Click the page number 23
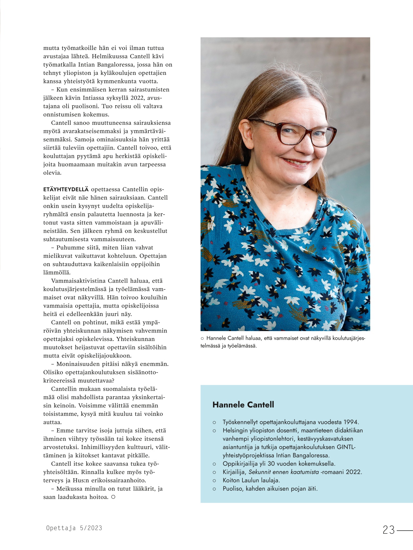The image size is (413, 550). [389, 530]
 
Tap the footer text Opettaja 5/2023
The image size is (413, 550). [74, 528]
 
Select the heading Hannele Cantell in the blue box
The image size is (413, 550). [243, 405]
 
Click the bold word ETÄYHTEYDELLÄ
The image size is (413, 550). [66, 189]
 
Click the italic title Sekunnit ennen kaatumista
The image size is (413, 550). [283, 472]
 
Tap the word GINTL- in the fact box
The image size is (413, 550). [346, 447]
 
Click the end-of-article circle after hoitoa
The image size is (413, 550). [113, 497]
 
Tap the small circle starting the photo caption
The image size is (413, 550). [202, 338]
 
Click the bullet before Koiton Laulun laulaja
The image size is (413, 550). [214, 481]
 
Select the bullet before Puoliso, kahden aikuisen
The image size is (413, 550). [214, 489]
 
